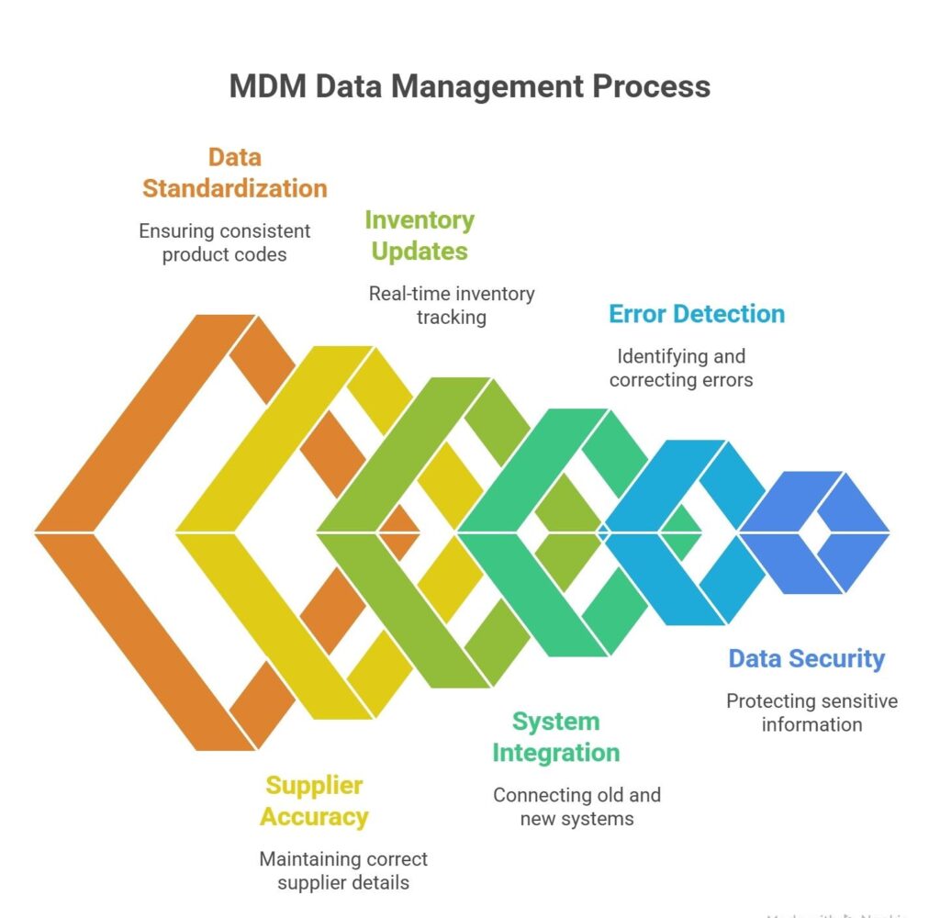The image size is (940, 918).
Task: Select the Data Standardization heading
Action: pos(234,173)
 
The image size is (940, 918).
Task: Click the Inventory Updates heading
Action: pos(420,235)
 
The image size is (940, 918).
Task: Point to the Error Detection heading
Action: pos(697,314)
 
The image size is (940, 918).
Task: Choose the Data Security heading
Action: pos(806,658)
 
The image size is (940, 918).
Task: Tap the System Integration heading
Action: pos(555,737)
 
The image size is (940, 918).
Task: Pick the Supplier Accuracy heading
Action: pos(314,800)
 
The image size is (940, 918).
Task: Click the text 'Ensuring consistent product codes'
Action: pos(225,242)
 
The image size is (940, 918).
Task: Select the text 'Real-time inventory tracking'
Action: pos(451,305)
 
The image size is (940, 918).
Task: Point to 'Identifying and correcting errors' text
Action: pos(680,367)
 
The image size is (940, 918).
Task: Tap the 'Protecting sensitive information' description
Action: pos(811,712)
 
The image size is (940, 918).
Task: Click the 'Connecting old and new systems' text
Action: pos(576,806)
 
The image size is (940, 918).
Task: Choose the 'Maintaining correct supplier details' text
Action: pos(343,871)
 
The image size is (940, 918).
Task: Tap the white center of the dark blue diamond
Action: pos(813,532)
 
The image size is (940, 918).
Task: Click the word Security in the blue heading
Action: pos(841,658)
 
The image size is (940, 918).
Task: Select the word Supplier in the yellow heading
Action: pos(314,786)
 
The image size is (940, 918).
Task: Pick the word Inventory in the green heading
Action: pos(420,220)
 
